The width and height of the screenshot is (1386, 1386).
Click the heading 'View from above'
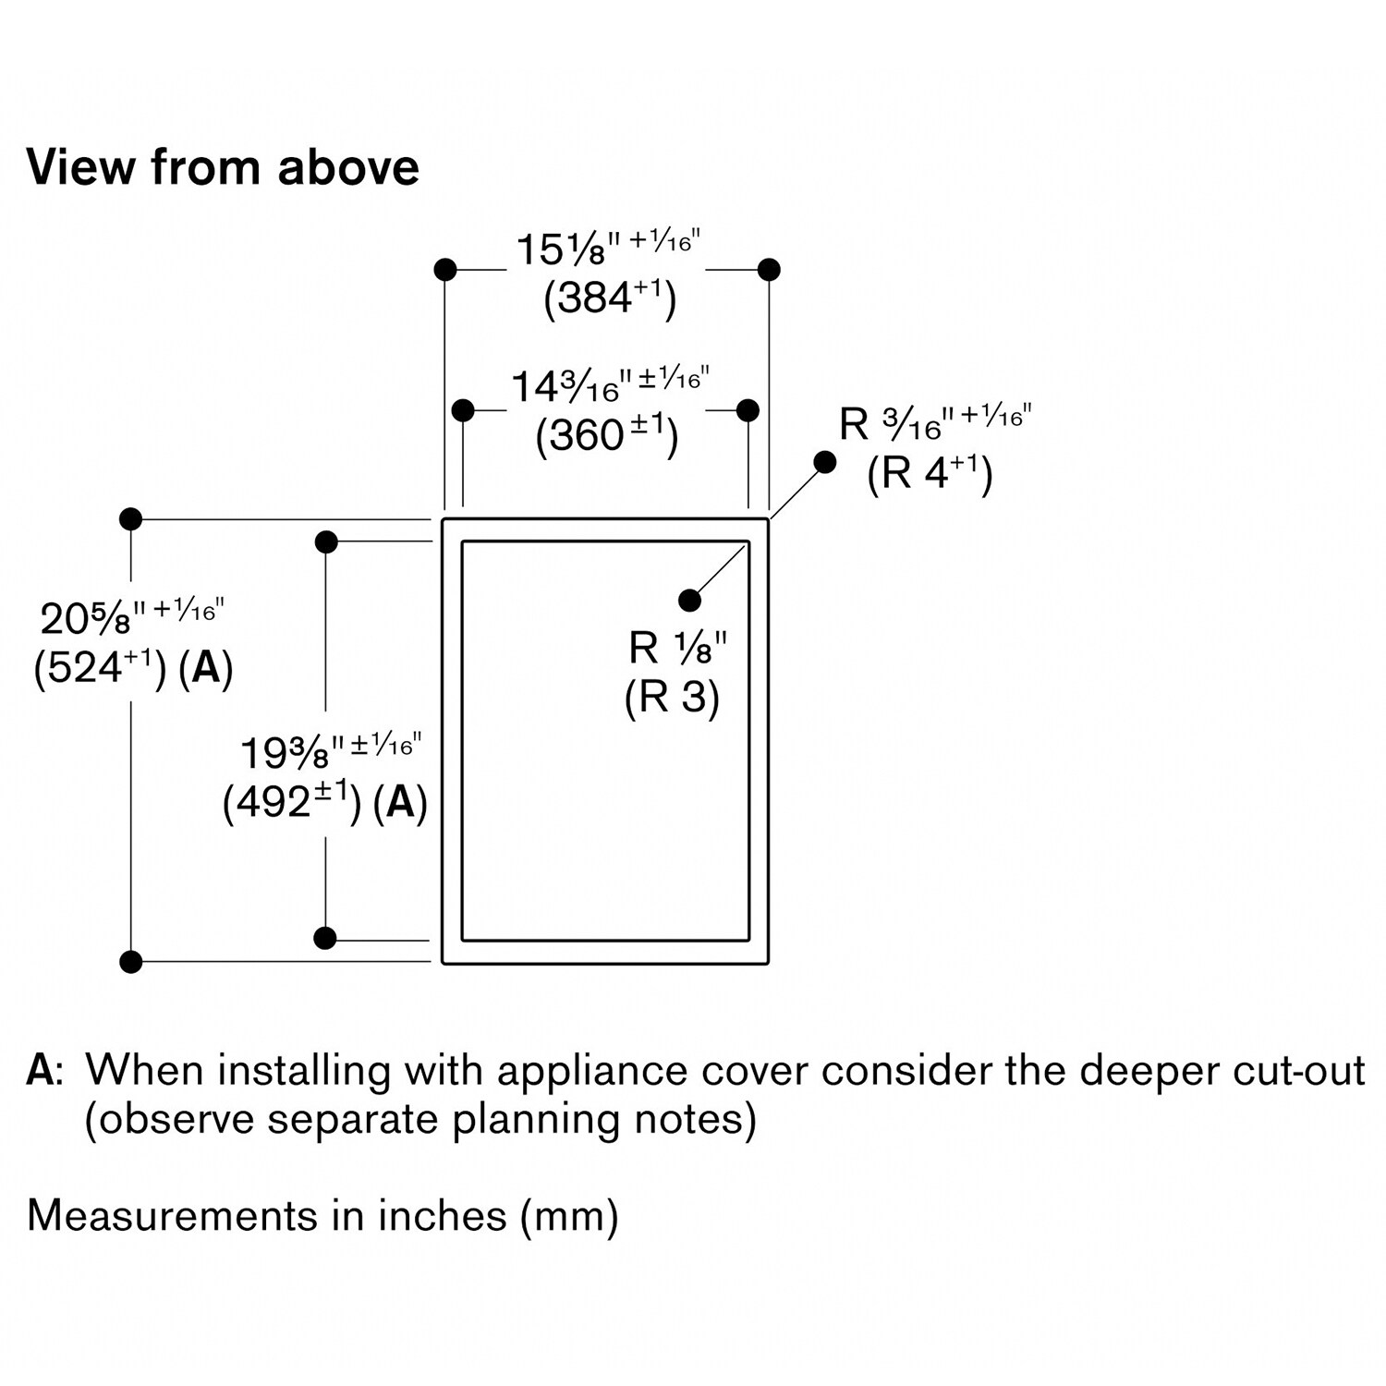coord(223,167)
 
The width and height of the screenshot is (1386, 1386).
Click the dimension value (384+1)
coord(610,298)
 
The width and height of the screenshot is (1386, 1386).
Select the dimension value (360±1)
coord(607,434)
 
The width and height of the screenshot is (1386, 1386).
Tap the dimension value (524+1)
coord(100,666)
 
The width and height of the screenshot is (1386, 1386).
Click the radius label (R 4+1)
coord(930,473)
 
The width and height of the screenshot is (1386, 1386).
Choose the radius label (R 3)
coord(672,696)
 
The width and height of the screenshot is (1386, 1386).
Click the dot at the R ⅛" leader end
coord(689,601)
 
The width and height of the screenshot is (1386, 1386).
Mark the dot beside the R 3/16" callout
coord(825,462)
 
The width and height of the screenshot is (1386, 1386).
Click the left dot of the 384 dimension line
coord(445,270)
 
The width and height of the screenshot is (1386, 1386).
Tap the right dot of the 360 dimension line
coord(748,410)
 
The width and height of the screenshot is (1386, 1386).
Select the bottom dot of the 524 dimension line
coord(131,962)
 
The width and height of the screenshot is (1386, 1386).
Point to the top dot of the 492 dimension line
coord(326,542)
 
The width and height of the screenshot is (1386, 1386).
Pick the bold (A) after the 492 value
coord(400,802)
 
